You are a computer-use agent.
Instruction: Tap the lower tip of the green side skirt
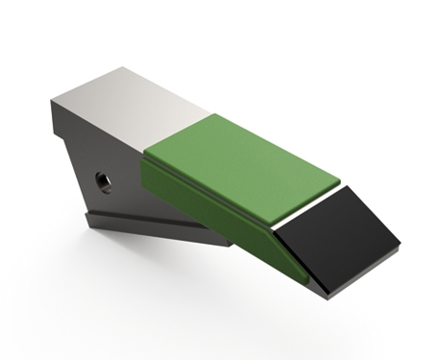pyautogui.click(x=305, y=281)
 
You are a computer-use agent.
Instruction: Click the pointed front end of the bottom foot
pyautogui.click(x=231, y=244)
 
